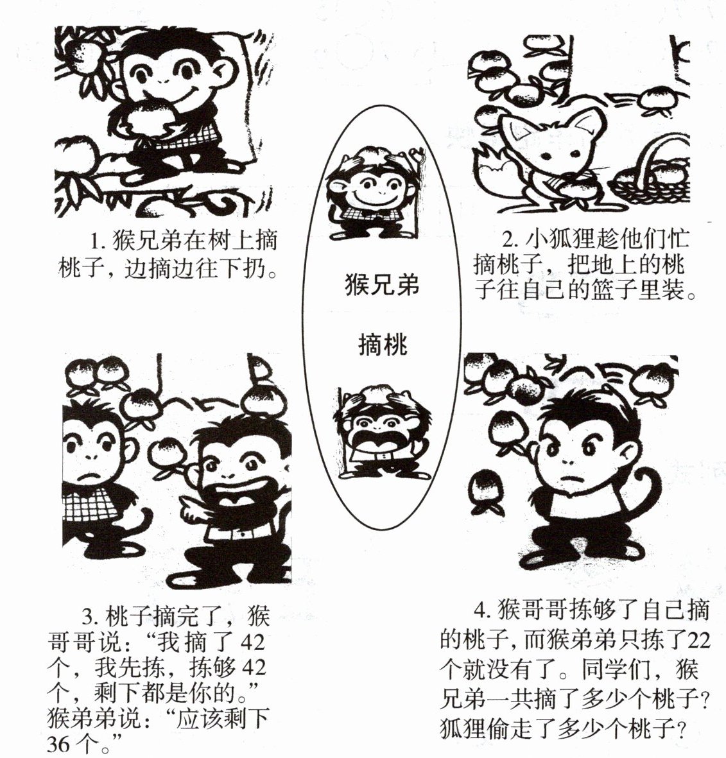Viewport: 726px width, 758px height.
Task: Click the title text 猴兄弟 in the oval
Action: coord(382,284)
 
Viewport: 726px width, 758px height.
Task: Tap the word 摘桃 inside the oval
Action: coord(383,345)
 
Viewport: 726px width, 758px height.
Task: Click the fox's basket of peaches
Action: coord(653,173)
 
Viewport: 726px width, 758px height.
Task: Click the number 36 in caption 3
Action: coord(59,744)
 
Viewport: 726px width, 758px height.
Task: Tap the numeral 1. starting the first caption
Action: coord(98,241)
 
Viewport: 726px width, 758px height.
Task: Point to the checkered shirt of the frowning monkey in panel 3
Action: coord(92,503)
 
